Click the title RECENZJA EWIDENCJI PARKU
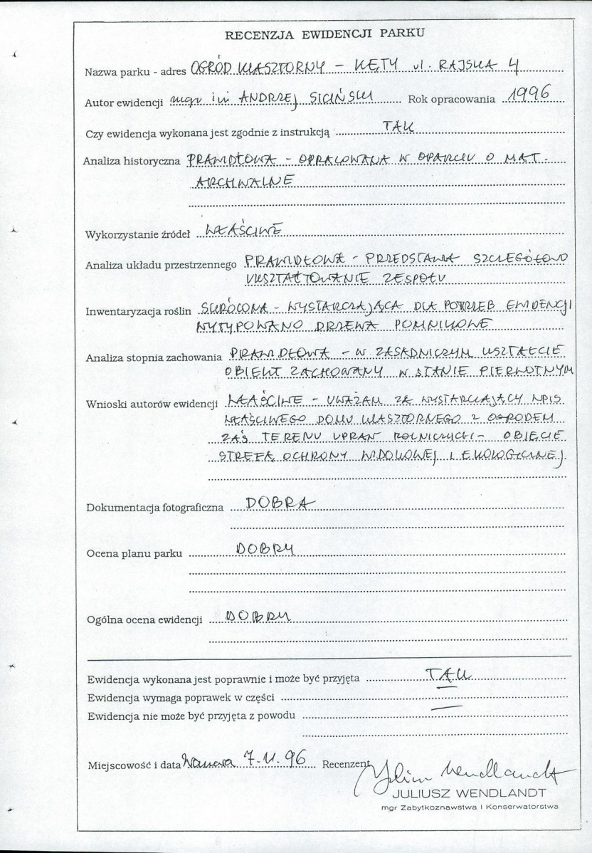[x=324, y=33]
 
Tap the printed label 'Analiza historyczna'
[x=131, y=162]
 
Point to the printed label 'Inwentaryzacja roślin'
[x=139, y=311]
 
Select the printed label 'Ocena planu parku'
[x=134, y=553]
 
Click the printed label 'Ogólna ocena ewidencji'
[x=143, y=620]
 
